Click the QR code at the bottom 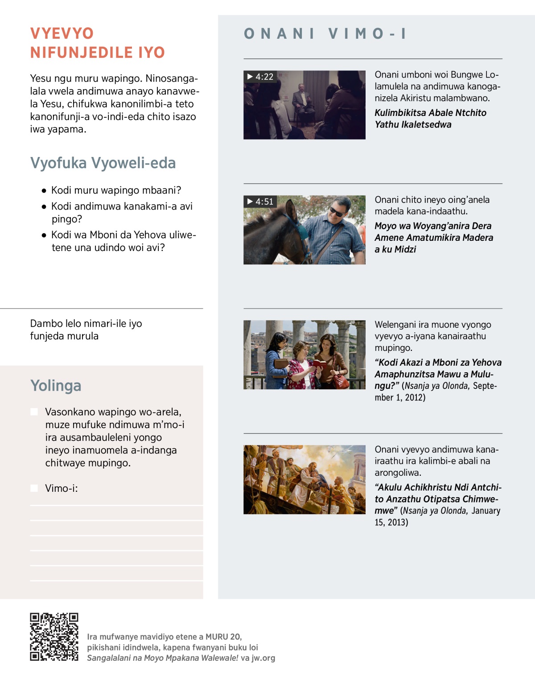54,636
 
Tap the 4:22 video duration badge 260,77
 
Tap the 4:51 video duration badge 260,202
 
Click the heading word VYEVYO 62,33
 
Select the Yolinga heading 56,386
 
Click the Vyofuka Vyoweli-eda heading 103,163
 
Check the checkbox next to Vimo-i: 34,488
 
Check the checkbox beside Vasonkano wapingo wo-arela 34,412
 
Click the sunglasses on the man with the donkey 336,211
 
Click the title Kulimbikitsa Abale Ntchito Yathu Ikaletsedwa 430,119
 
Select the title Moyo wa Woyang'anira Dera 433,226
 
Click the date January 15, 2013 437,516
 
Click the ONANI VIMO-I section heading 325,33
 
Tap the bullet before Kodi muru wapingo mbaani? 44,191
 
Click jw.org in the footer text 263,658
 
